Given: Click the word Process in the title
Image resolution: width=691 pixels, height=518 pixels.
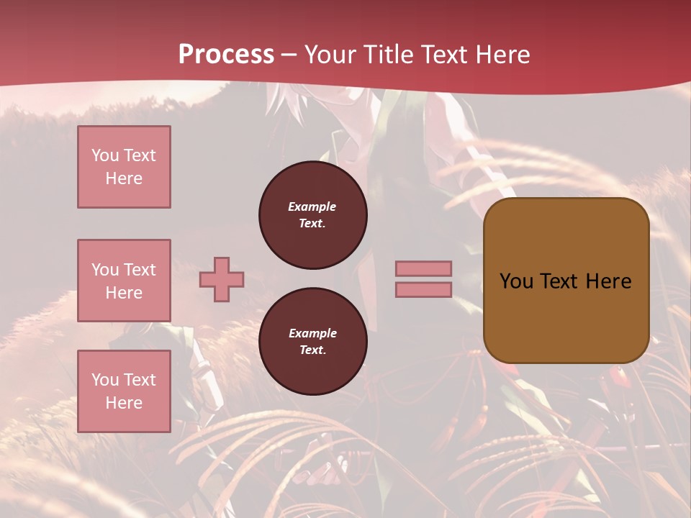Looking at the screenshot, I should pyautogui.click(x=226, y=55).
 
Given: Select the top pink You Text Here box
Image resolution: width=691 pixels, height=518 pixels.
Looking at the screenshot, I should pyautogui.click(x=124, y=167).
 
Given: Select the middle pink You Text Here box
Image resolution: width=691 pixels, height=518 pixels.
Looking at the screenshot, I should pyautogui.click(x=124, y=281).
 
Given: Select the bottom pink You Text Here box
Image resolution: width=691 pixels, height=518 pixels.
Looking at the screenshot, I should pyautogui.click(x=124, y=391).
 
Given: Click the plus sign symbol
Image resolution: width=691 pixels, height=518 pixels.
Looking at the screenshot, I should pyautogui.click(x=222, y=280).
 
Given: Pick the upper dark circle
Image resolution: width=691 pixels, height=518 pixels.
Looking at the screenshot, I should pyautogui.click(x=312, y=215).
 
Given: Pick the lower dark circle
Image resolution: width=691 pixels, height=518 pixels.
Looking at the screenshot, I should pyautogui.click(x=312, y=342).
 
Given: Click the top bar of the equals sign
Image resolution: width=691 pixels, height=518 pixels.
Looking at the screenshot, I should pyautogui.click(x=424, y=268).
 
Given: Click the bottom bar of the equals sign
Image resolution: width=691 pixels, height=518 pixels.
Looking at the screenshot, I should pyautogui.click(x=424, y=289).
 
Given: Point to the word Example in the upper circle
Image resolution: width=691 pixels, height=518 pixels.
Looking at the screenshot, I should pyautogui.click(x=312, y=206).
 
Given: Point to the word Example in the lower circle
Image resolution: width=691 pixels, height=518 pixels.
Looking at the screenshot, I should pyautogui.click(x=312, y=333).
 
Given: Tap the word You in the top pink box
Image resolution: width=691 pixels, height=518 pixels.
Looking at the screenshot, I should pyautogui.click(x=104, y=155).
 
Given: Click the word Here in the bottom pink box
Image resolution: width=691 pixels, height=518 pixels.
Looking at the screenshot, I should pyautogui.click(x=124, y=403).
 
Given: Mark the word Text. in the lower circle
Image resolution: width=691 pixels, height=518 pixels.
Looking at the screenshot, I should pyautogui.click(x=312, y=350).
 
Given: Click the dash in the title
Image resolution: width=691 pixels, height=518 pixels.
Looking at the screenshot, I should pyautogui.click(x=289, y=55).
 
